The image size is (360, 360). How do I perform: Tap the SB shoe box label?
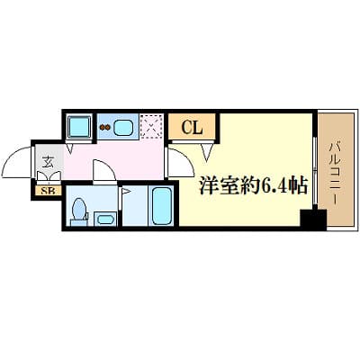(45, 191)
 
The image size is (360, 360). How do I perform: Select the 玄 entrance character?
(45, 163)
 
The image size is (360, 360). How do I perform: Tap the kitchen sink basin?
(124, 127)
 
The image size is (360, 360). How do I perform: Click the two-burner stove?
(104, 127)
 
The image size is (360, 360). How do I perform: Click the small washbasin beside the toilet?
(104, 219)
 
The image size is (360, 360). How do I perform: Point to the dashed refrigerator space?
(153, 127)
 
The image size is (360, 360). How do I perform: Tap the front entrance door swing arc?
(16, 164)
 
